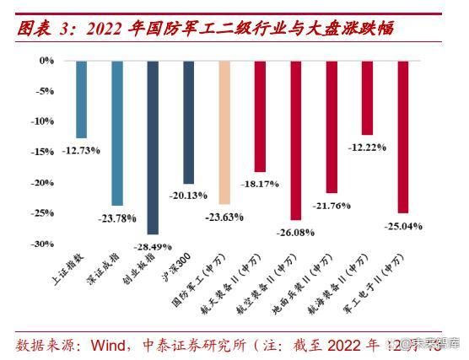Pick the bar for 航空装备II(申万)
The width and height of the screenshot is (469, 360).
tap(295, 140)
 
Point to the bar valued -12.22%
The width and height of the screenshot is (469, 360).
tap(367, 98)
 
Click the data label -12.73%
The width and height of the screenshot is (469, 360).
tap(81, 150)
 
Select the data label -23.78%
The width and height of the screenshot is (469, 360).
tap(117, 218)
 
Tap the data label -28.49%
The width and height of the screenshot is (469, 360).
tap(153, 246)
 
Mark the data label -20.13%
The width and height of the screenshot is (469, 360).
tap(189, 196)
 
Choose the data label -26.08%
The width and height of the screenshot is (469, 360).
tap(295, 232)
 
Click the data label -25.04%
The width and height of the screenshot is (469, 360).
tap(403, 226)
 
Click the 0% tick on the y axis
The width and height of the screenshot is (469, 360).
tap(46, 61)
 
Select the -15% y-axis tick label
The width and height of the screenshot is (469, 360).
tap(42, 152)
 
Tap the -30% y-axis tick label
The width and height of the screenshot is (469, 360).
tap(42, 244)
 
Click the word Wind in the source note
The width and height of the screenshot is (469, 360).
tap(111, 345)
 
